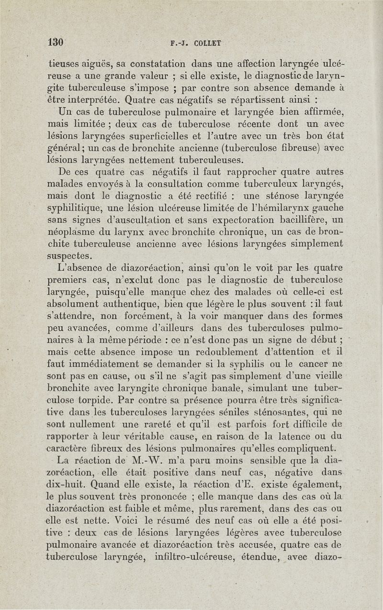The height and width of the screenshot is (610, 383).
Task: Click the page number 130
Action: pos(56,42)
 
